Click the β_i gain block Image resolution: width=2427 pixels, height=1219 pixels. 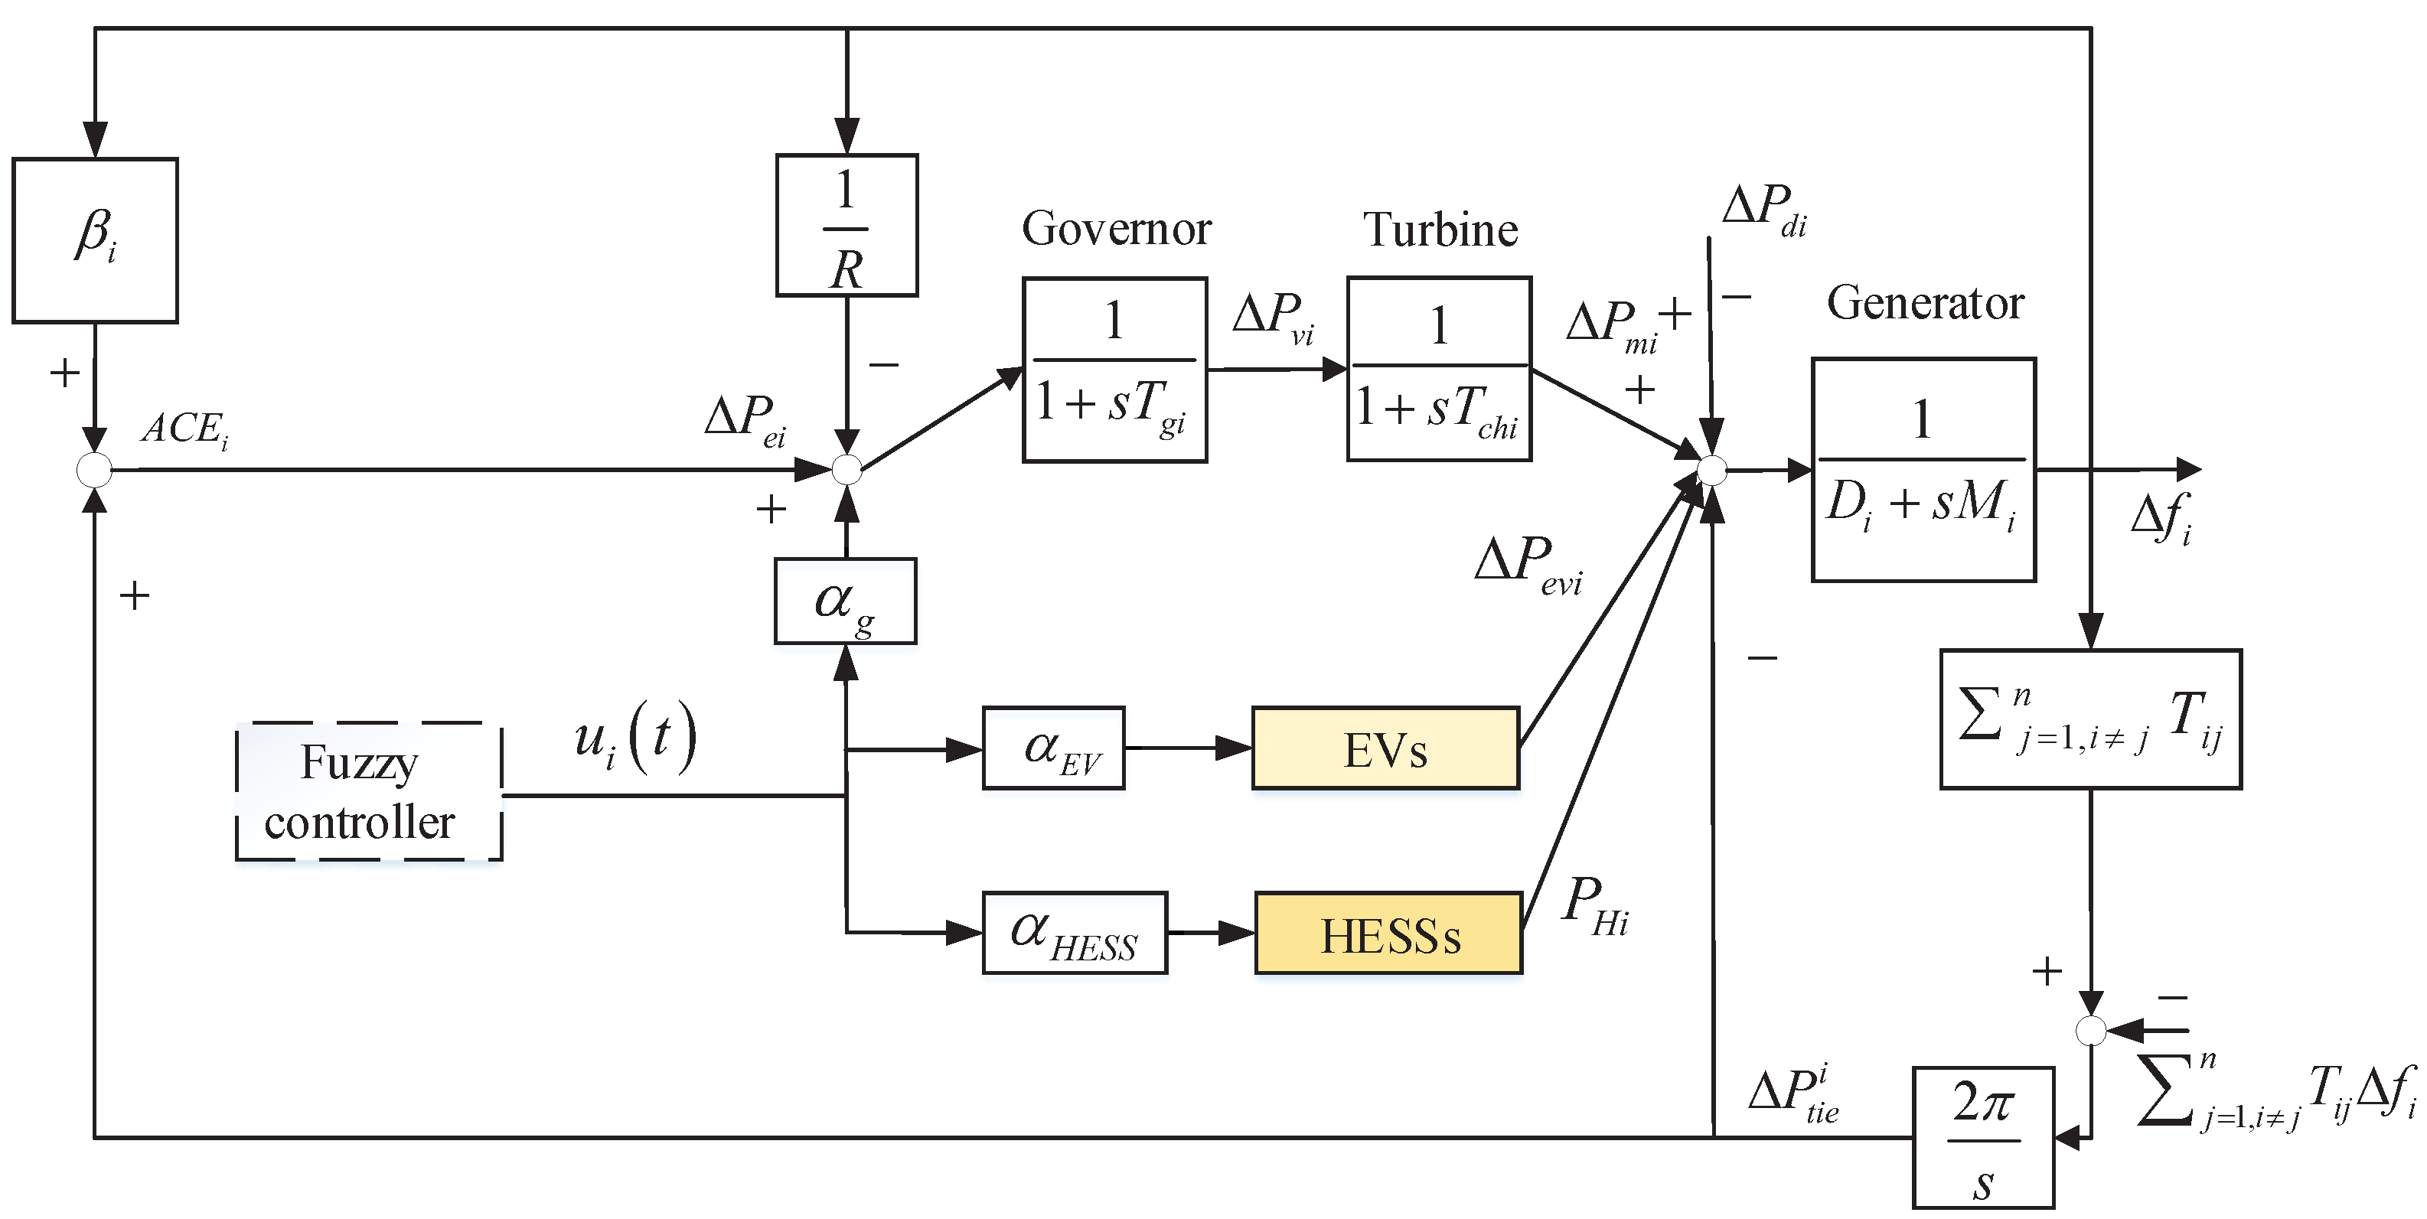click(95, 240)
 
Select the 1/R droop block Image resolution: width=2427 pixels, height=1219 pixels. click(847, 225)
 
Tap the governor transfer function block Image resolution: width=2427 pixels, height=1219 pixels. click(1114, 370)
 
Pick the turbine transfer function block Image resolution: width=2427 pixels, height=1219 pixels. click(1439, 368)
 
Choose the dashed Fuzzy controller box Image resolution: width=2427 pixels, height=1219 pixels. click(368, 791)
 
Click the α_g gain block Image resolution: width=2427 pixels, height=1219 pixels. click(845, 601)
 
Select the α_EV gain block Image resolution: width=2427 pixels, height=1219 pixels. click(1053, 748)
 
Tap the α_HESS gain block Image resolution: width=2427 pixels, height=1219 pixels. click(1074, 933)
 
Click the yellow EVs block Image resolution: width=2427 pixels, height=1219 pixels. click(1385, 748)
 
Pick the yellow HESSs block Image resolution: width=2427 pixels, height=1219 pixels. click(1388, 933)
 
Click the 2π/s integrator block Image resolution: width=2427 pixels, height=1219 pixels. click(1983, 1137)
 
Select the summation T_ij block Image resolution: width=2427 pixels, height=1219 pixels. click(2091, 719)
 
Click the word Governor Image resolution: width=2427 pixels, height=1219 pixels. click(1117, 228)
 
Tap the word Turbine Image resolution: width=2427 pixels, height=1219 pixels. click(1440, 229)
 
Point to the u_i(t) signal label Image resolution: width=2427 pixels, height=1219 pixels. click(636, 738)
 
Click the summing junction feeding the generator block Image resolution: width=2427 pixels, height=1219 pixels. click(1711, 469)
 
